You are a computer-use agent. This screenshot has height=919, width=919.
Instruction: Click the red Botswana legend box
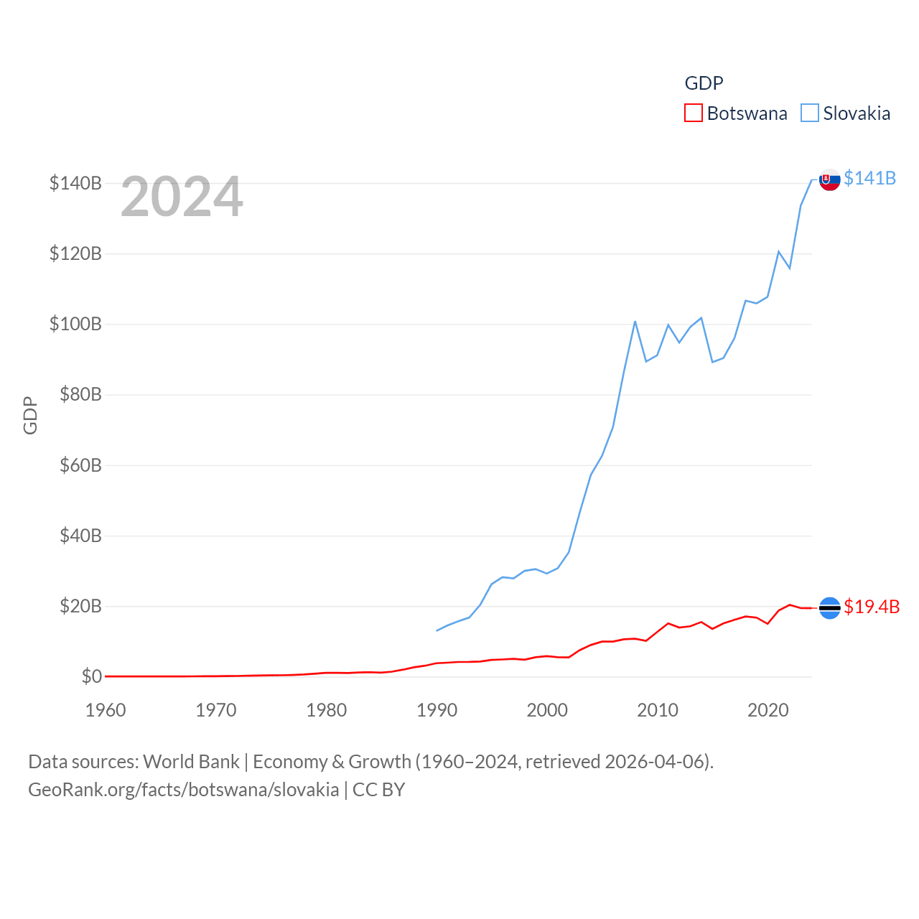[693, 113]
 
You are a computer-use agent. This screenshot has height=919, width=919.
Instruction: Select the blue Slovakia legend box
[809, 113]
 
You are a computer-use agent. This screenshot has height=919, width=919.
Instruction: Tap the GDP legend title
[704, 83]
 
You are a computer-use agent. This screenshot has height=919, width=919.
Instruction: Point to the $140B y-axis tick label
[75, 183]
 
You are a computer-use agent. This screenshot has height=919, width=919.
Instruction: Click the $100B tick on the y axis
[75, 324]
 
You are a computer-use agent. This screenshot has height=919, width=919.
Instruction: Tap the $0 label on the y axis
[91, 676]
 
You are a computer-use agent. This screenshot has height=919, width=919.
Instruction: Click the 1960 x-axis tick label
[106, 710]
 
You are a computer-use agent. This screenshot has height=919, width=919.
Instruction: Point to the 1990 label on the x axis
[437, 710]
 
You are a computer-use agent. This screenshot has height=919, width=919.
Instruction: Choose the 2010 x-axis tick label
[658, 710]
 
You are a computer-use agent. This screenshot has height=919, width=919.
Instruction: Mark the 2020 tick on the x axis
[768, 710]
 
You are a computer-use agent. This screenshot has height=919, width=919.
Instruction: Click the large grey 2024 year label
[182, 197]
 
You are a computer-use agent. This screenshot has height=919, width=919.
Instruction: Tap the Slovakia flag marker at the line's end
[829, 179]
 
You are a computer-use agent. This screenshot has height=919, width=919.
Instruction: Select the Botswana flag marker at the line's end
[829, 608]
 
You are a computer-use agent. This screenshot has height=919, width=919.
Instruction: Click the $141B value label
[869, 178]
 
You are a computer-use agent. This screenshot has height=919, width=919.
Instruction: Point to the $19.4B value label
[872, 607]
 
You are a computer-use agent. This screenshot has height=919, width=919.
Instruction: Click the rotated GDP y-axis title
[30, 415]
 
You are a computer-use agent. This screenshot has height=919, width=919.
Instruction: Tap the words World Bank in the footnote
[191, 761]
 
